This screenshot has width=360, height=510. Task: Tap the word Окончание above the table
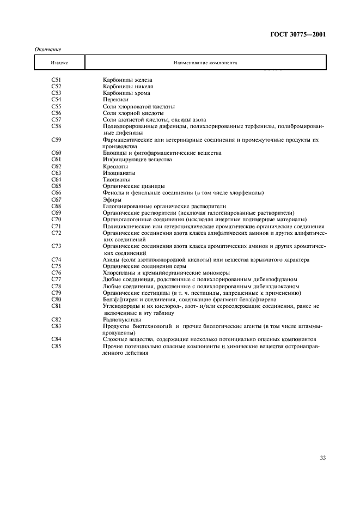tap(47, 50)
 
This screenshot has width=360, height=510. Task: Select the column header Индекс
tap(59, 63)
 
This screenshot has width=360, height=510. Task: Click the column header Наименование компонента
tap(205, 63)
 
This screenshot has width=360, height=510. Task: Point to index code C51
tap(56, 80)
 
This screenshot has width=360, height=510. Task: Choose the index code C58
tap(56, 126)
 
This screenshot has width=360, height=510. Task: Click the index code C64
tap(56, 179)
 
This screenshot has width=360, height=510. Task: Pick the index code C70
tap(56, 220)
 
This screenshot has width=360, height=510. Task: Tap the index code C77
tap(56, 280)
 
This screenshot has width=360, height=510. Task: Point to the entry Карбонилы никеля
tap(128, 87)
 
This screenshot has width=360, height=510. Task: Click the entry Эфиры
tap(112, 199)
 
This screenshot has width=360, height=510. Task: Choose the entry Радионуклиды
tap(122, 319)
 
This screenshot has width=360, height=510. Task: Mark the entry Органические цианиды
tap(134, 186)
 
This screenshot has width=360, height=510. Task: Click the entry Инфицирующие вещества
tap(137, 160)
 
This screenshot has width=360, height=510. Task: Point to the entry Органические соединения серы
tap(144, 266)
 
